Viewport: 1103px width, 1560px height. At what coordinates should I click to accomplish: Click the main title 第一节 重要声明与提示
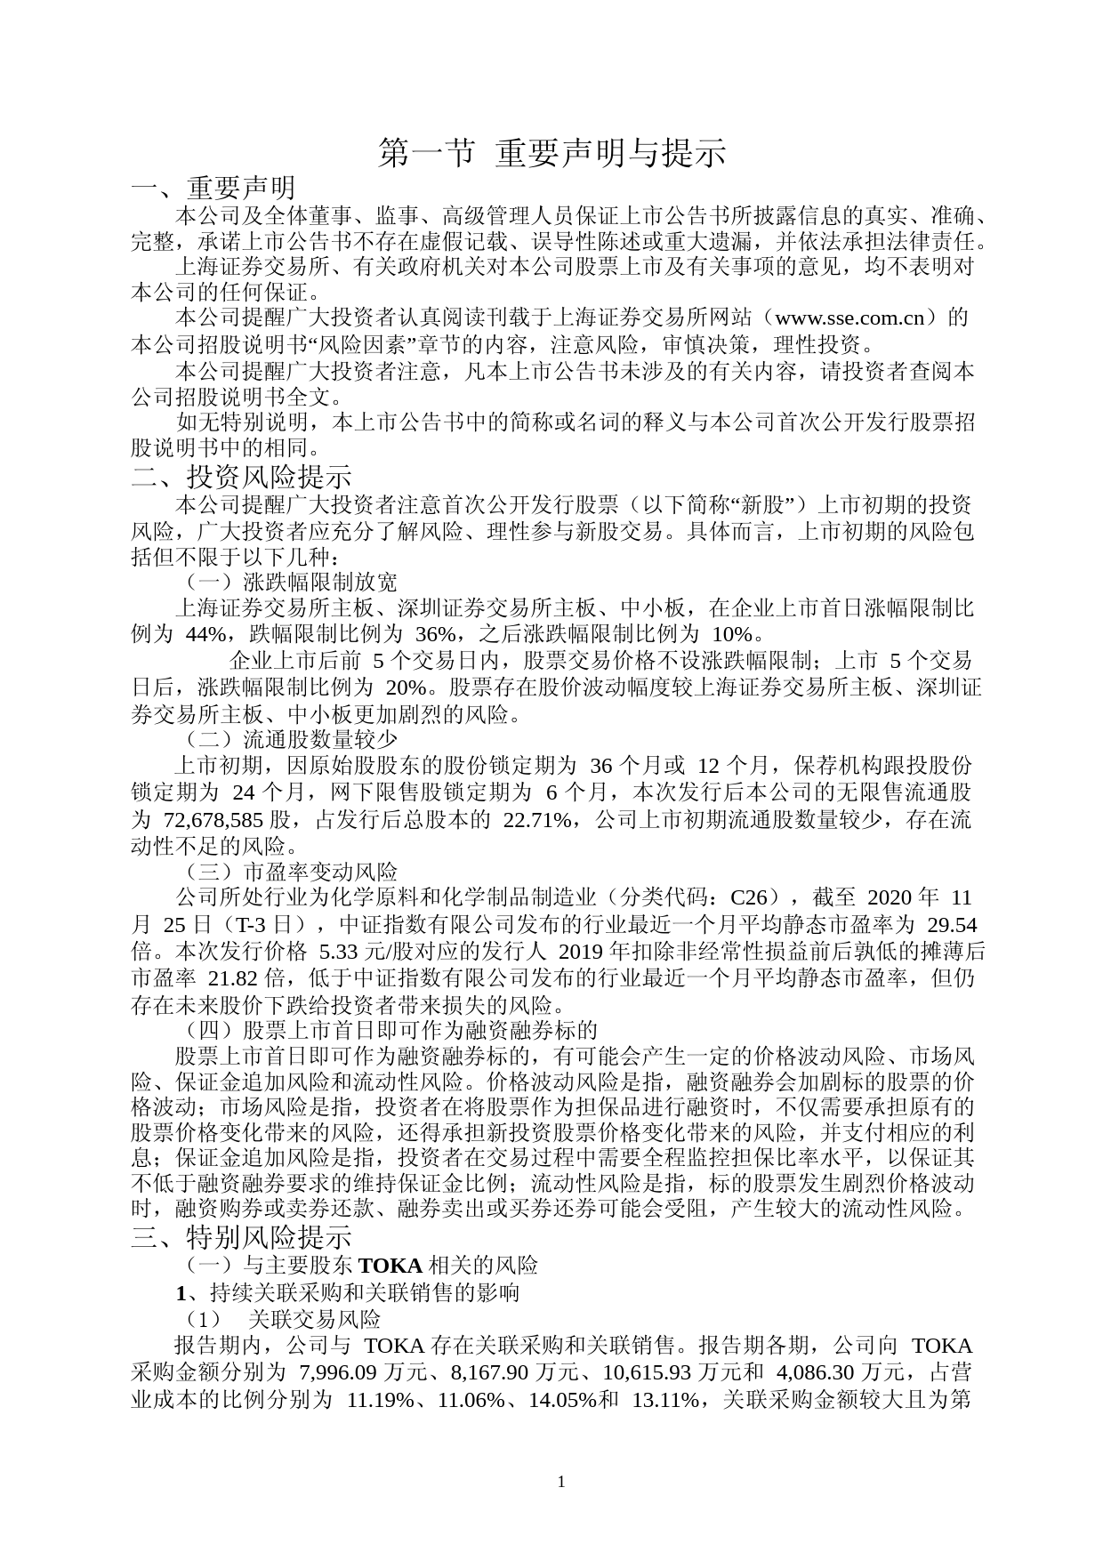[551, 153]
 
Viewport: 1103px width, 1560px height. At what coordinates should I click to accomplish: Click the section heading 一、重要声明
[213, 188]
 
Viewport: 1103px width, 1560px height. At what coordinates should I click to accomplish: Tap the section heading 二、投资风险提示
[241, 477]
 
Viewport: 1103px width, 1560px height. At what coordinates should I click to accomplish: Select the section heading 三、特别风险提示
[241, 1237]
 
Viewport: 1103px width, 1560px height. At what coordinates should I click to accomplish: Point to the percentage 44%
[206, 634]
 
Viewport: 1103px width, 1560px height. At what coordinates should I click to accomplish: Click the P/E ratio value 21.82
[235, 977]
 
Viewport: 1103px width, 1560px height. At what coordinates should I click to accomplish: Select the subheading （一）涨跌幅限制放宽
[290, 583]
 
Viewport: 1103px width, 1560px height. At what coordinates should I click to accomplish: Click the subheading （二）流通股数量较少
[290, 738]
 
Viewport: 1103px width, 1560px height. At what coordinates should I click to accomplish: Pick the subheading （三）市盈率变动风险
[290, 871]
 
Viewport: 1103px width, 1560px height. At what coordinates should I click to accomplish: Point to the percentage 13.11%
[665, 1399]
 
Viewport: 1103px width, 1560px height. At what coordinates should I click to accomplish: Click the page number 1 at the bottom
[560, 1482]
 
